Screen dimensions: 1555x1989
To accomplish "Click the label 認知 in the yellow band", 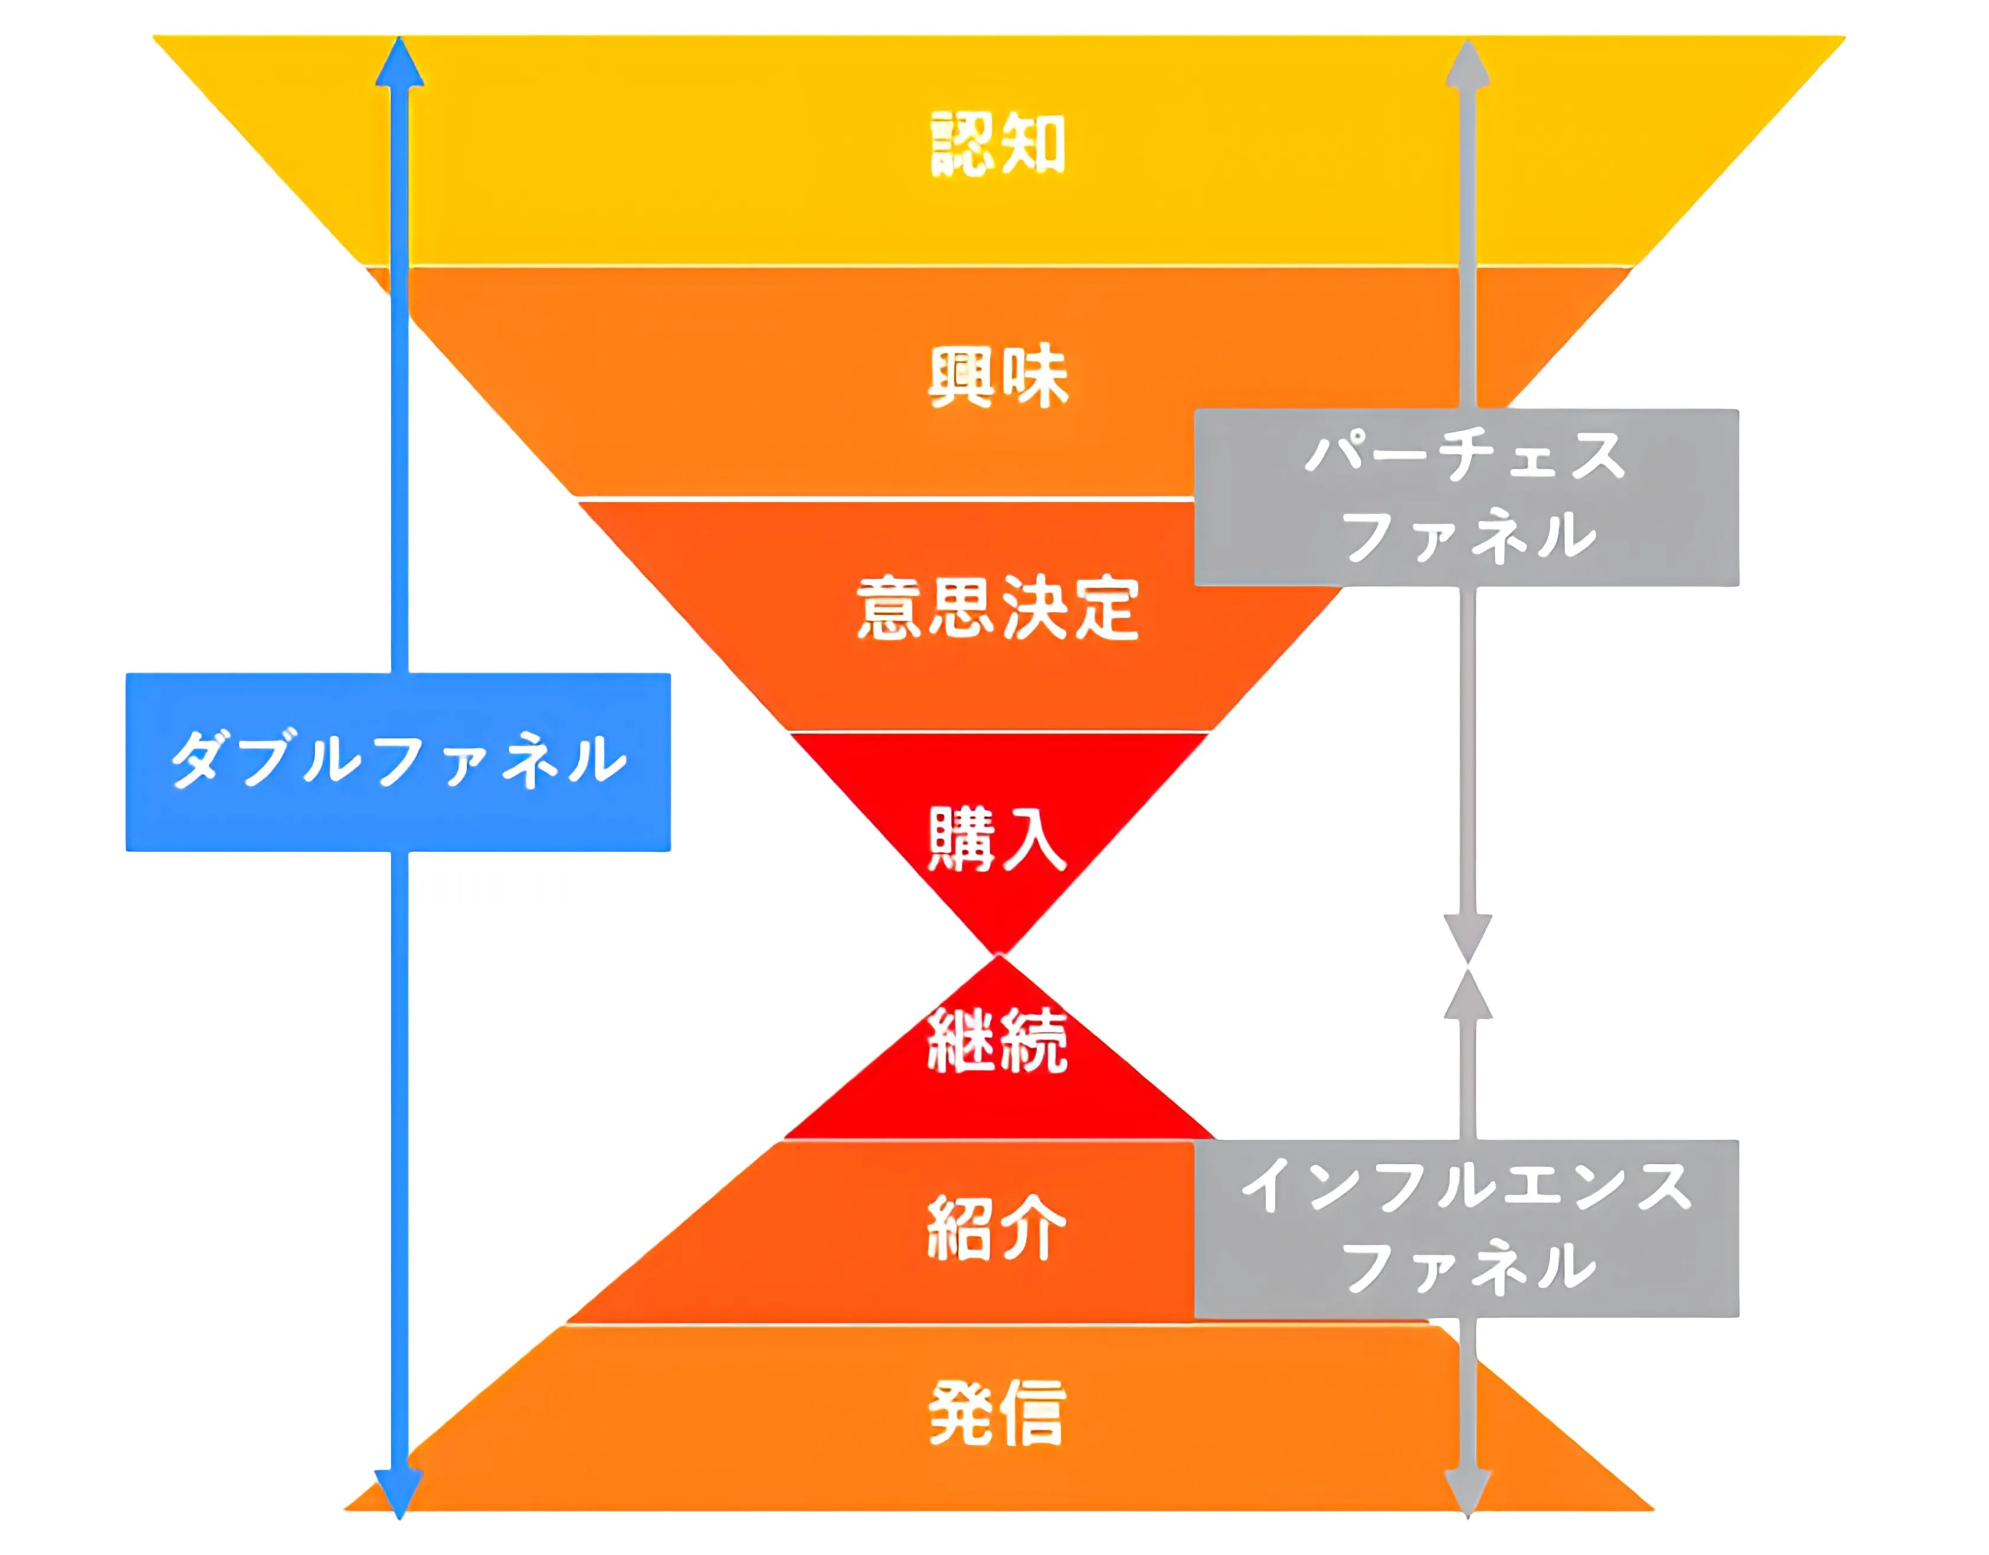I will pyautogui.click(x=997, y=144).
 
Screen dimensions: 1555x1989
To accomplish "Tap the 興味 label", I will pyautogui.click(x=997, y=376).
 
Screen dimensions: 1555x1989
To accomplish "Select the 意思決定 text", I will pyautogui.click(x=997, y=608).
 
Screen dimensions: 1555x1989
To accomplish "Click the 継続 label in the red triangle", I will pyautogui.click(x=997, y=1041).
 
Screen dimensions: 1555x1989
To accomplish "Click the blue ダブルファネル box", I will pyautogui.click(x=398, y=762).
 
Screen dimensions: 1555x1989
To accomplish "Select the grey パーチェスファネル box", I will pyautogui.click(x=1466, y=497).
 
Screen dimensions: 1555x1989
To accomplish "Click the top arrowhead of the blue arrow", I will pyautogui.click(x=400, y=64).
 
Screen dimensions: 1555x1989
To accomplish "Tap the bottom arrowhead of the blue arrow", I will pyautogui.click(x=400, y=1493).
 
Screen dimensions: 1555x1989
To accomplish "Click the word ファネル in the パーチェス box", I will pyautogui.click(x=1468, y=536).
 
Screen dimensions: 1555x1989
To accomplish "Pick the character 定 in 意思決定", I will pyautogui.click(x=1106, y=608).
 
